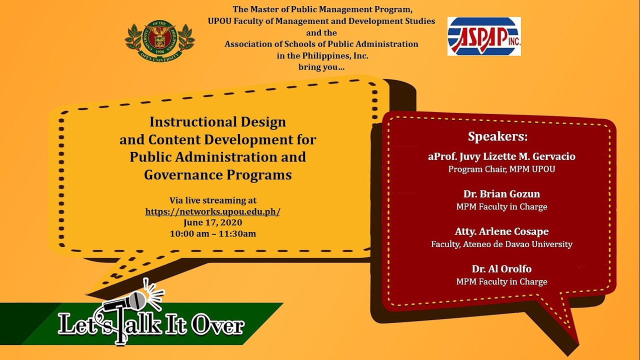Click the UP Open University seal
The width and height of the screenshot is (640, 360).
pos(159,40)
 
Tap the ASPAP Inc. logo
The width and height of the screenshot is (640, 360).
pos(484,36)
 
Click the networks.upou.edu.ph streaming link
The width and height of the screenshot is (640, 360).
pos(212,211)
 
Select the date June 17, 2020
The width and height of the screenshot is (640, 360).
pos(212,222)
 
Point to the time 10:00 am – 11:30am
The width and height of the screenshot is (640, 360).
pos(213,233)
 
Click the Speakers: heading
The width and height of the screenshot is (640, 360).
pos(497,136)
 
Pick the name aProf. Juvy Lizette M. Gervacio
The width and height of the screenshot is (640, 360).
pos(501,156)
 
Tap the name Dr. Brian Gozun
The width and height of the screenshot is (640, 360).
pos(501,194)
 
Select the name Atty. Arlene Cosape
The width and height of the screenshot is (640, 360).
pos(501,231)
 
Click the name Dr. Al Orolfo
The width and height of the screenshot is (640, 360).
pos(501,269)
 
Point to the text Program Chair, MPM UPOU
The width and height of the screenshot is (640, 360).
pos(501,169)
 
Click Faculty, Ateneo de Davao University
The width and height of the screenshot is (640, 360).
pos(501,244)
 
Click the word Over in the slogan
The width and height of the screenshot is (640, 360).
pos(218,325)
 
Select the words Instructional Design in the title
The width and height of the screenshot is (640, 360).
pos(217,122)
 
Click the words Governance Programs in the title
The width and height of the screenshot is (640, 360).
pos(217,175)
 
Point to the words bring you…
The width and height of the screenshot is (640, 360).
pos(321,67)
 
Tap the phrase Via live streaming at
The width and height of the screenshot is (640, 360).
pos(213,200)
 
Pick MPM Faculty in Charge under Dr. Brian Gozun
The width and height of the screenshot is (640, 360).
pos(501,206)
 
